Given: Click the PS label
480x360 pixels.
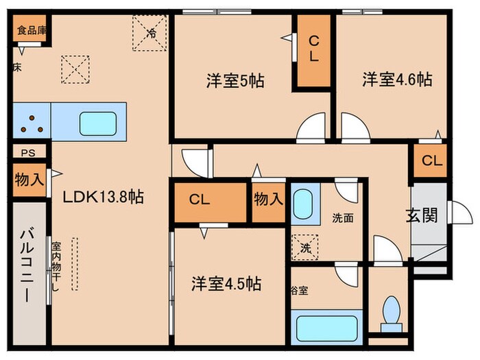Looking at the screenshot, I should (x=28, y=153).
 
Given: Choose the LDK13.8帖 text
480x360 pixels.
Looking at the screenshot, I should (x=103, y=197).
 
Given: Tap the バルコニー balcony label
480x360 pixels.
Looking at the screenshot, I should (x=28, y=273).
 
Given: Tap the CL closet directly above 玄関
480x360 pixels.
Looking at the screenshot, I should (x=431, y=161).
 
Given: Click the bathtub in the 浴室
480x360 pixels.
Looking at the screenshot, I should (x=324, y=328).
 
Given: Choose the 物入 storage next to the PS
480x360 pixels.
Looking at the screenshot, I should (x=29, y=180).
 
